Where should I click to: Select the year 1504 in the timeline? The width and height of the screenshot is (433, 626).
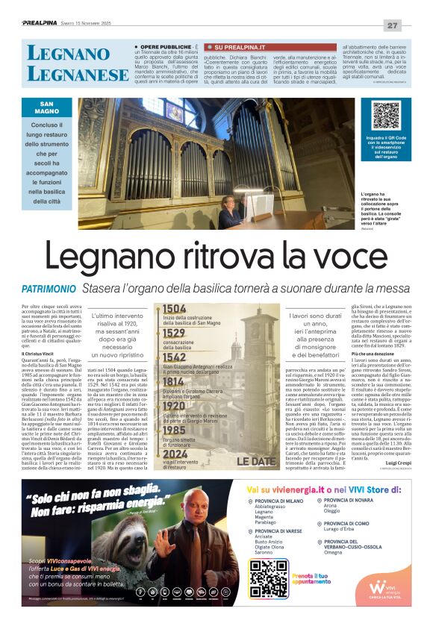(x=174, y=309)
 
